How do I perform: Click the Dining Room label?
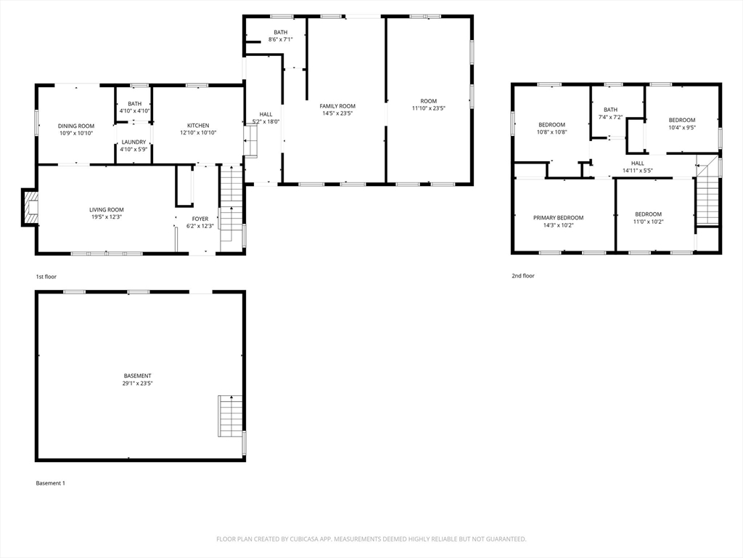pos(76,126)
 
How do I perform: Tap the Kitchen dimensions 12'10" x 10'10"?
pos(198,133)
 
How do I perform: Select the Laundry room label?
pos(134,142)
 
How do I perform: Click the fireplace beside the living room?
pos(30,207)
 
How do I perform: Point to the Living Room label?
pos(107,210)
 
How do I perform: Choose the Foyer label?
pos(200,219)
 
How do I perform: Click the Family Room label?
pos(337,106)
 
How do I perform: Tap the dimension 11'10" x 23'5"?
pos(429,108)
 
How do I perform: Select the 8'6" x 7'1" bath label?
pos(281,39)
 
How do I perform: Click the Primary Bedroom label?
pos(558,218)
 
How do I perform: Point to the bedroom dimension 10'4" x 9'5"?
pos(682,128)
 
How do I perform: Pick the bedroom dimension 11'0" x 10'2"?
pos(648,222)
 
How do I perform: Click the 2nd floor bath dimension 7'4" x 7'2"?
pos(611,117)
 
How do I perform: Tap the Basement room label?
pos(137,376)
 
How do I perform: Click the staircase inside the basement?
pos(230,416)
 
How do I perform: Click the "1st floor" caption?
pos(46,277)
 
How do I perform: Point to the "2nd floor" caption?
pos(523,275)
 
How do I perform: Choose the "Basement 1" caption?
pos(51,483)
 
